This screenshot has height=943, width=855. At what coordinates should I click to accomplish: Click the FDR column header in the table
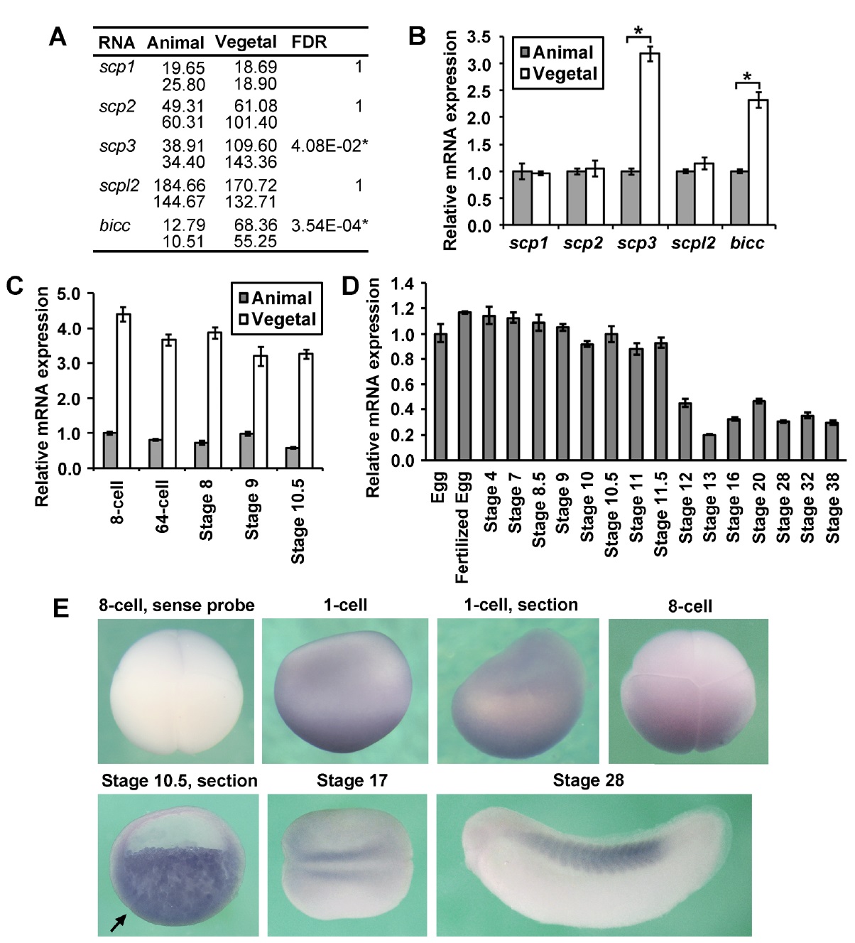tap(309, 42)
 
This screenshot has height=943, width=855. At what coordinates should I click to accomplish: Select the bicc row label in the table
tap(114, 226)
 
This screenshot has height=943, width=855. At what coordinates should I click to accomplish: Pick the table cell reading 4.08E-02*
tap(329, 146)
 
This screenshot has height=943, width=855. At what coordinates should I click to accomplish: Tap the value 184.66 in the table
tap(180, 186)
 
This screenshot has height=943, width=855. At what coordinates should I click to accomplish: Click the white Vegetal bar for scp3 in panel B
tap(649, 139)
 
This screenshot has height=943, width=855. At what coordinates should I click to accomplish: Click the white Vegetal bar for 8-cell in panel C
tap(124, 391)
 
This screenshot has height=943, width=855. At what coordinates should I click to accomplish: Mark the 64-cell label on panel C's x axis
tap(162, 505)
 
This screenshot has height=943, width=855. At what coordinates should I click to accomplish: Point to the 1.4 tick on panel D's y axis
tap(403, 284)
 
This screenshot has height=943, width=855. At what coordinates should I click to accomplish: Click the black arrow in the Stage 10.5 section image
tap(119, 922)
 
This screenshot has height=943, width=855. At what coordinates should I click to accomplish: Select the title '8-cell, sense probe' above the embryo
tap(176, 605)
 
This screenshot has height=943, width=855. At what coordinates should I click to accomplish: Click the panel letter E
tap(61, 609)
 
